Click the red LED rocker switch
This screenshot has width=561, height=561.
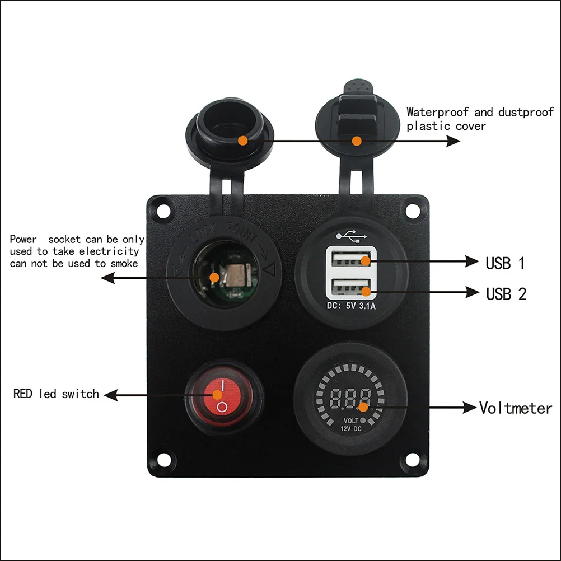222,396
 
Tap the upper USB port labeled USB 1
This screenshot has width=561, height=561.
351,259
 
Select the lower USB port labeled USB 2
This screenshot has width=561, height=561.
351,288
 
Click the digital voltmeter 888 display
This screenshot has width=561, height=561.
350,399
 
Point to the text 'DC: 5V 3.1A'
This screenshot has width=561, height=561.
351,306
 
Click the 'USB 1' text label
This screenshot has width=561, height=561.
505,263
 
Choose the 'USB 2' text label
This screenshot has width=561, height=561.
506,294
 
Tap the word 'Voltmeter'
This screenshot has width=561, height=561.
516,408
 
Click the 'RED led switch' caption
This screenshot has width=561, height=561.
56,394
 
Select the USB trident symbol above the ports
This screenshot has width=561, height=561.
352,236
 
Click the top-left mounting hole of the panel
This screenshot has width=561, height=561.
163,211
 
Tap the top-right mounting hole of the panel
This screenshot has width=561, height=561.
412,211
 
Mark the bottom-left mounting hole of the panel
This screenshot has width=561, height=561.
163,460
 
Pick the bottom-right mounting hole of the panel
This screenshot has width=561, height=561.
412,460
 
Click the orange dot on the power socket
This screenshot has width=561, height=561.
214,277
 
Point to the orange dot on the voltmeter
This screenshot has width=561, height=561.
363,407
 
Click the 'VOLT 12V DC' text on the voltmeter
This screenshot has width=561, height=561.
352,425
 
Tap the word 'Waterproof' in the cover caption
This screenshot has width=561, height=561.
437,112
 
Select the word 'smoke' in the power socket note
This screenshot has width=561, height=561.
124,264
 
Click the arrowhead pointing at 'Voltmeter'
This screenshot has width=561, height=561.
470,408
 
